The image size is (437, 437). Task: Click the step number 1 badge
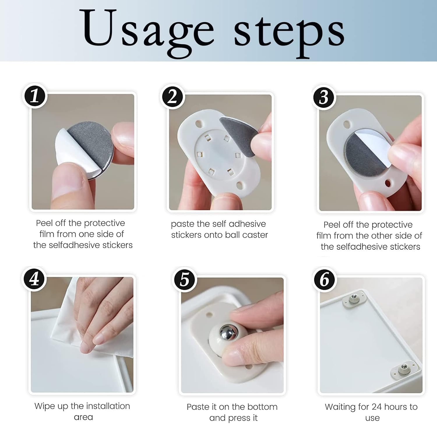pyautogui.click(x=35, y=96)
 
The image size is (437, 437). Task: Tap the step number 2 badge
pyautogui.click(x=172, y=97)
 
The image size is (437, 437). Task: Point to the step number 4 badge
pyautogui.click(x=34, y=279)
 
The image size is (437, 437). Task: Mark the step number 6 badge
pyautogui.click(x=325, y=279)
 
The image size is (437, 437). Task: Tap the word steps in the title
pyautogui.click(x=289, y=33)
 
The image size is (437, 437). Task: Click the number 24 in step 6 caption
pyautogui.click(x=378, y=407)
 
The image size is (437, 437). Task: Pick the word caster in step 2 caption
pyautogui.click(x=255, y=235)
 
